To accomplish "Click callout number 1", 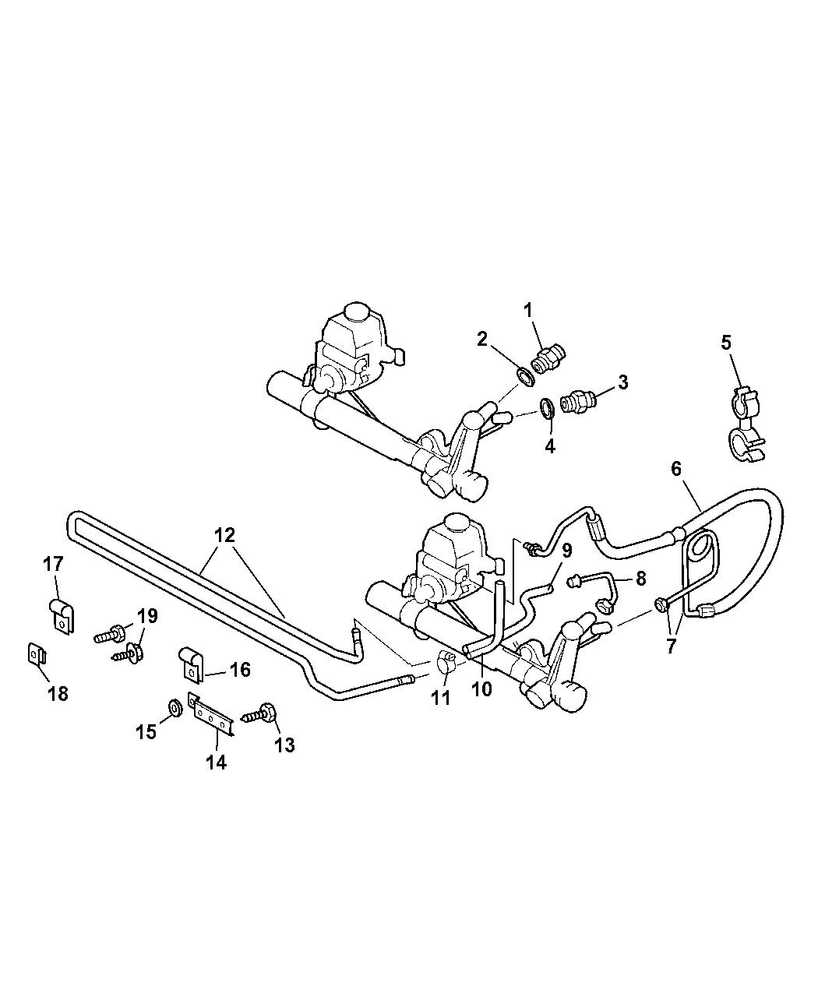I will point(527,310).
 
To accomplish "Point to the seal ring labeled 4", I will point(548,408).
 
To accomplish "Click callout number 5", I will point(726,343).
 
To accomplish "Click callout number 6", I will point(676,468).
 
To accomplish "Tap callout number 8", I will point(641,579).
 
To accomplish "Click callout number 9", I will point(567,550).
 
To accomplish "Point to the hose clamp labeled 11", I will point(446,662).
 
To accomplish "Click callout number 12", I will point(224,535).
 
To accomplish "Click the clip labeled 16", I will point(191,663).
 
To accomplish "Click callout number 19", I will point(146,616).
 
